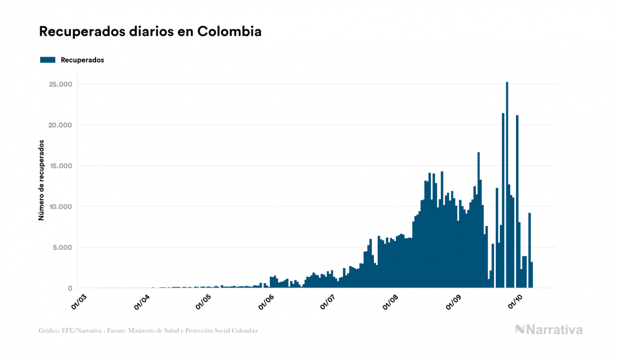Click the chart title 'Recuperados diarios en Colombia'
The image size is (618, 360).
(x=150, y=32)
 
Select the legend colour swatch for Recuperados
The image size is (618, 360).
(x=48, y=60)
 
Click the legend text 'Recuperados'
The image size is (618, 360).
(x=82, y=60)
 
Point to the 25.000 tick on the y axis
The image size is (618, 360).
(x=60, y=84)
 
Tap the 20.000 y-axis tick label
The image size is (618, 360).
(x=60, y=125)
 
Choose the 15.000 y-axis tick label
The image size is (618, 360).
(x=60, y=166)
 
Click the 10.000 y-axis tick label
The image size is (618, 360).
(x=60, y=207)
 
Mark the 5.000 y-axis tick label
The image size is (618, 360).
(x=62, y=247)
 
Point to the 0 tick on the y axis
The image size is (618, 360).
(x=69, y=288)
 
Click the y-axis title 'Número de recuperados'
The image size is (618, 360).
(x=41, y=181)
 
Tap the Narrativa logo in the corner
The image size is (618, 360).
(x=549, y=330)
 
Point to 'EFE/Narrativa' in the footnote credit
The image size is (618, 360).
(x=80, y=331)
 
